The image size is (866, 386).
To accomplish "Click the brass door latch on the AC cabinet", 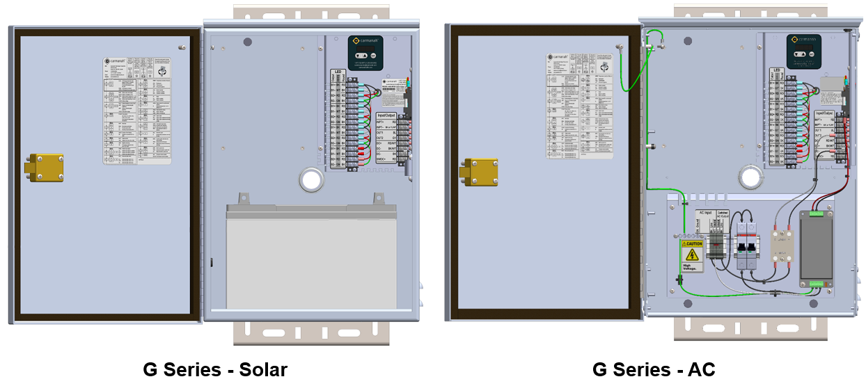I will (478, 172).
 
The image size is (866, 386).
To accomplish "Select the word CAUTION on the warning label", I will (694, 243).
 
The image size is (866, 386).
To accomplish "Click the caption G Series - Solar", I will (215, 369).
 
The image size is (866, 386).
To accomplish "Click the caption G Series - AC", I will (654, 369).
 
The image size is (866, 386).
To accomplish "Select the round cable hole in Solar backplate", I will (308, 180).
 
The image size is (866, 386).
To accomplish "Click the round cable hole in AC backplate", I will (749, 175).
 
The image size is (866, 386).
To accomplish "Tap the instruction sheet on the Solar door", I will (137, 111).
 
